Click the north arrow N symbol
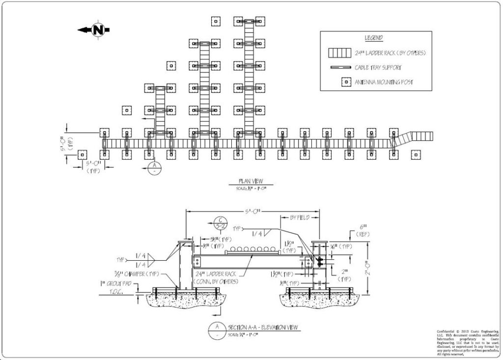98,29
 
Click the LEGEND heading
374,38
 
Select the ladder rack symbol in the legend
339,53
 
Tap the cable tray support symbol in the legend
339,67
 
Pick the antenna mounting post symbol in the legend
345,82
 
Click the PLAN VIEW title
251,181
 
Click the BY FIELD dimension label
300,217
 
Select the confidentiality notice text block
468,342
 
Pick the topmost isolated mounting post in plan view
215,21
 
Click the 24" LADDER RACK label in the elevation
215,274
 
